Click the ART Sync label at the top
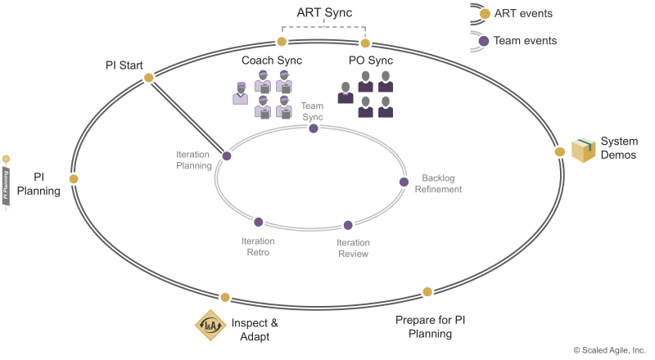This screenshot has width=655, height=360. point(324,12)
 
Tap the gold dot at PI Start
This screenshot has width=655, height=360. point(148,78)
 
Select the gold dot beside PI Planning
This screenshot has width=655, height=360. point(74,179)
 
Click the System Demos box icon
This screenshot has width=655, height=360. point(583,151)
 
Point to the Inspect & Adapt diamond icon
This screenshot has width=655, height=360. point(210,325)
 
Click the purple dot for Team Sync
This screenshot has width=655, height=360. point(314,128)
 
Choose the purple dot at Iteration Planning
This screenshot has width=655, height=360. point(227,156)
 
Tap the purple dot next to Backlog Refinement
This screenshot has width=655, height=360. point(404,182)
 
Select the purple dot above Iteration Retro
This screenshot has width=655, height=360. point(259,223)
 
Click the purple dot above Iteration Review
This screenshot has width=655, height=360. point(348,226)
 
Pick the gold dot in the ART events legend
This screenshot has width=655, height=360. point(485,14)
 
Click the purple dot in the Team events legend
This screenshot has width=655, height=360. point(484,41)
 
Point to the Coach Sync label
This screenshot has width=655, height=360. point(272,61)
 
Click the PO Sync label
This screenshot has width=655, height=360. point(371,61)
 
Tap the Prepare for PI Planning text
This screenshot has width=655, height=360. point(431,327)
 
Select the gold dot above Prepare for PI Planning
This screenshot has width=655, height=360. point(427,292)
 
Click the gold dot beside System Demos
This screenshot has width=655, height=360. point(560,152)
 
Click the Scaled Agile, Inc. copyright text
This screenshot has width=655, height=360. point(609,350)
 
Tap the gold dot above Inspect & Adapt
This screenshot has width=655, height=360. point(225,297)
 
